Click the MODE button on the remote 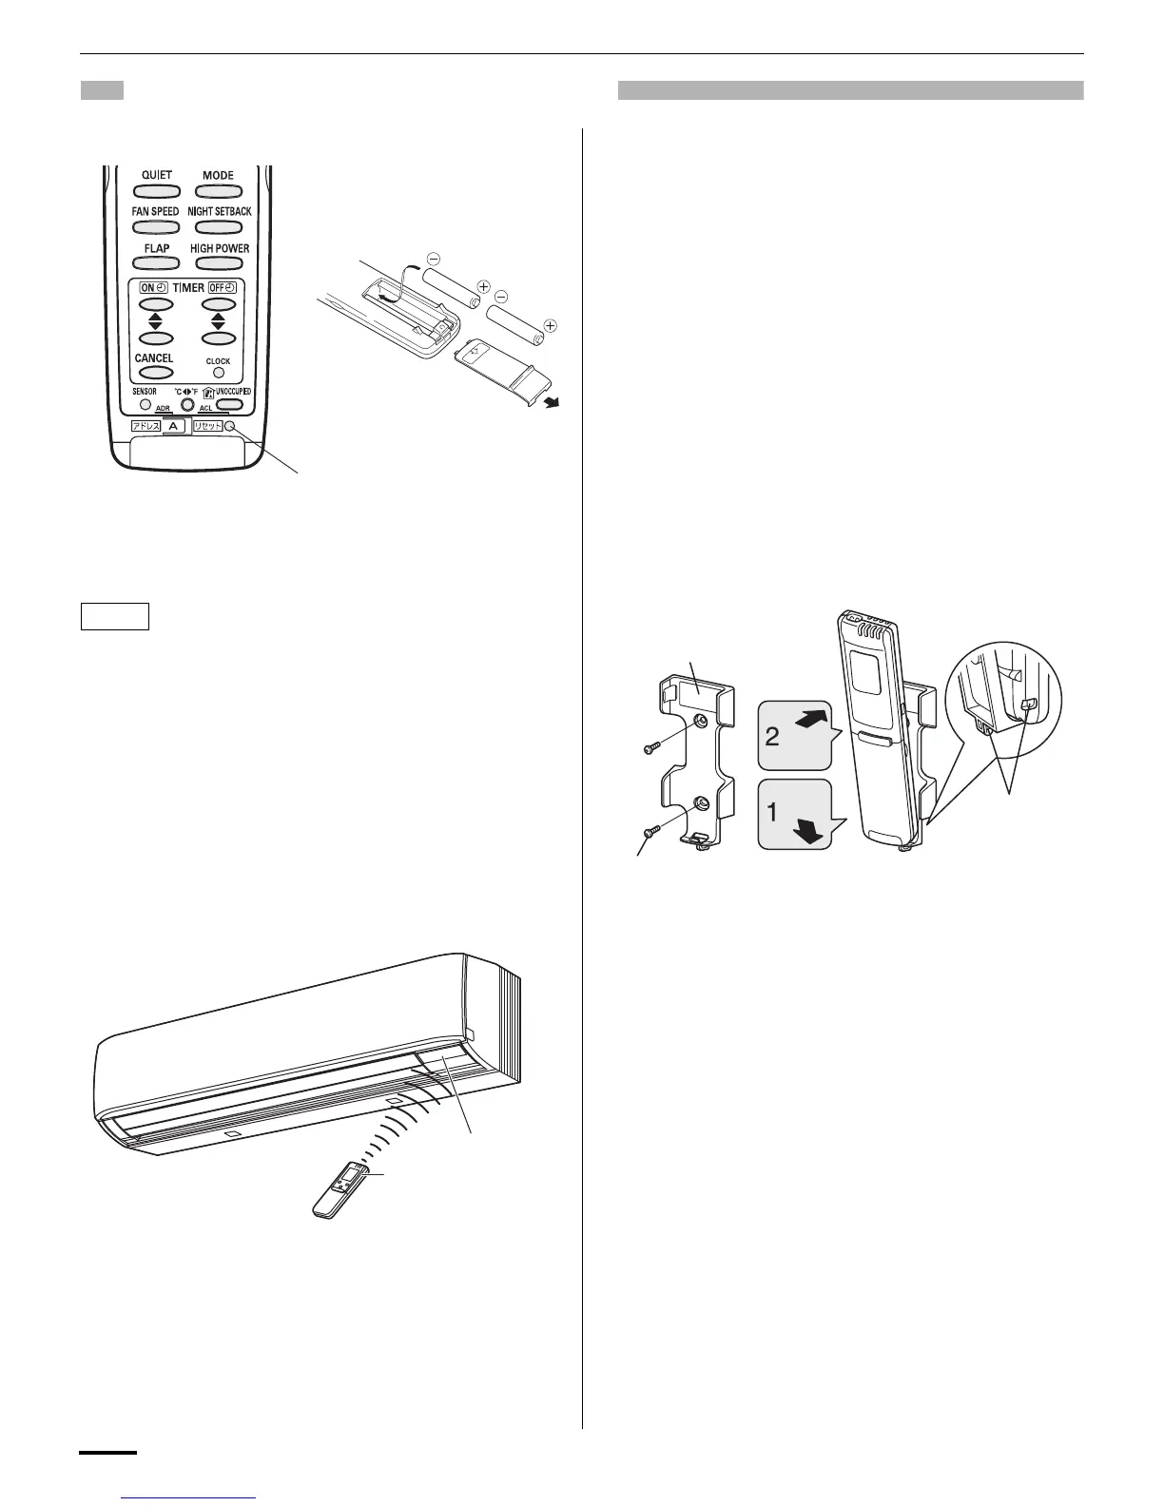click(218, 190)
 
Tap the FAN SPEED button click(155, 227)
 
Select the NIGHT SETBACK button click(218, 227)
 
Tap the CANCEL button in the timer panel click(155, 373)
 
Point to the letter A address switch click(173, 427)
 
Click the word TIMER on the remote click(188, 287)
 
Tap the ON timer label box click(154, 287)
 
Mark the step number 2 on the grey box click(772, 736)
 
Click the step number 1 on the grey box click(772, 813)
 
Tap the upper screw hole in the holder click(701, 722)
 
